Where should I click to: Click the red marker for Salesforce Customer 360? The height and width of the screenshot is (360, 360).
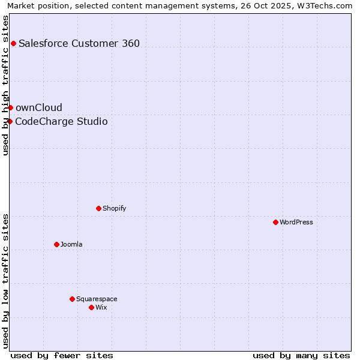tap(13, 43)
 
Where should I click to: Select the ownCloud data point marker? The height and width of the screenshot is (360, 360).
tap(10, 107)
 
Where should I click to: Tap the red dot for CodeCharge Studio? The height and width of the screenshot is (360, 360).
tap(10, 121)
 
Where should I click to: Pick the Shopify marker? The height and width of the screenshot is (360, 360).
tap(98, 208)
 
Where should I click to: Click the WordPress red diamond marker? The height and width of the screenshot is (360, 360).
tap(275, 222)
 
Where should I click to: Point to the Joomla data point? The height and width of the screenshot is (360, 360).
tap(56, 244)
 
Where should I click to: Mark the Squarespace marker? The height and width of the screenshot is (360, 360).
tap(72, 299)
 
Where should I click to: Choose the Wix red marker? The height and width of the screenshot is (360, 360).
tap(91, 307)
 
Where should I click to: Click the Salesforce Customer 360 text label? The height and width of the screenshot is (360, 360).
tap(79, 43)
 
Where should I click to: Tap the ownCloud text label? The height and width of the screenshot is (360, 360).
tap(39, 107)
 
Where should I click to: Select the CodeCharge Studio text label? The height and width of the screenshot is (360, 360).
tap(61, 122)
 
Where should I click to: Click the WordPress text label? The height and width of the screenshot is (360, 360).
tap(296, 222)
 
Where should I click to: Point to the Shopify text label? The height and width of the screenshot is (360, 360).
tap(114, 208)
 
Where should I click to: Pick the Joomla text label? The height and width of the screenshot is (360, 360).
tap(71, 244)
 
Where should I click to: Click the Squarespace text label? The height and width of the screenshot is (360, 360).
tap(97, 299)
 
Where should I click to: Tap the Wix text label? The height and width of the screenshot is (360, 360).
tap(101, 307)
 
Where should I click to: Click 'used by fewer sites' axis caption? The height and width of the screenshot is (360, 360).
tap(62, 355)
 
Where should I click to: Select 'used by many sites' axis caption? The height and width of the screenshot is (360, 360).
tap(301, 355)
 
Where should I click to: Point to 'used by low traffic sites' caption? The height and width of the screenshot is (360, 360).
tap(6, 281)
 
